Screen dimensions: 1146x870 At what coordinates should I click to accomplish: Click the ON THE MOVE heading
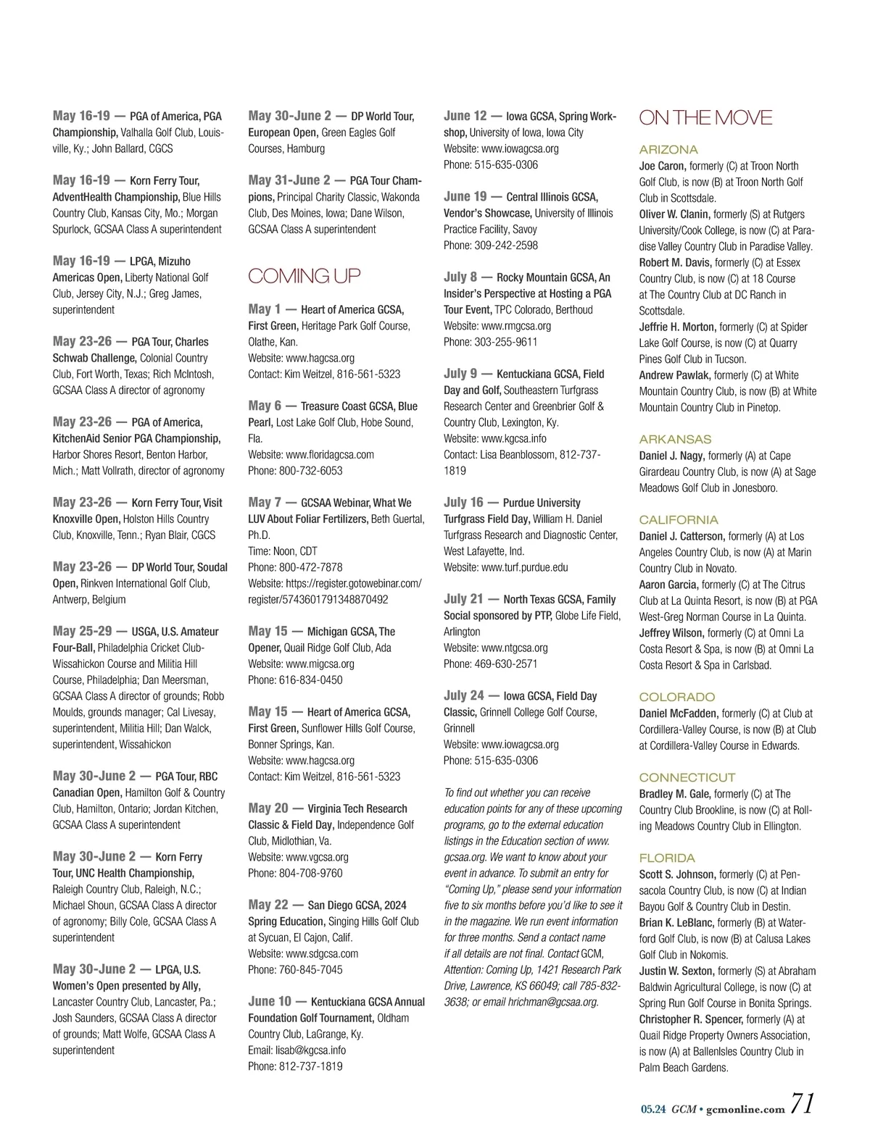click(705, 118)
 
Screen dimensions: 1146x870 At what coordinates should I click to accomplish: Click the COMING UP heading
click(304, 276)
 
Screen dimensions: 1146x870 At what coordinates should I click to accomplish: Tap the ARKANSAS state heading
click(675, 440)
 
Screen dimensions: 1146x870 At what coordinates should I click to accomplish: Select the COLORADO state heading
click(676, 697)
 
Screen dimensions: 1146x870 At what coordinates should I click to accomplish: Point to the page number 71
click(802, 1103)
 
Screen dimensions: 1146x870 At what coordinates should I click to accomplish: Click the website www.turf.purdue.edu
click(524, 567)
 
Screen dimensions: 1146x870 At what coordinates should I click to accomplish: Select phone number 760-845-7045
click(310, 969)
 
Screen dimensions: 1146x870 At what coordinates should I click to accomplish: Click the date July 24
click(463, 695)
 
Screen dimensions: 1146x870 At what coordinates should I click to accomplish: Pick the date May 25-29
click(83, 631)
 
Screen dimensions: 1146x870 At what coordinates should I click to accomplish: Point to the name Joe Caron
click(662, 166)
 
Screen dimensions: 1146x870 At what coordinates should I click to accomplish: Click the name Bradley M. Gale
click(674, 794)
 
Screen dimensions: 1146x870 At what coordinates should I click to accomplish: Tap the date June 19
click(465, 196)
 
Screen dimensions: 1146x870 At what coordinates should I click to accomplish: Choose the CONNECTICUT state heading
click(687, 777)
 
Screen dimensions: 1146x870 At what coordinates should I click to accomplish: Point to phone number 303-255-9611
click(505, 342)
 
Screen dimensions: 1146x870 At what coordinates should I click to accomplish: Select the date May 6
click(265, 406)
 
